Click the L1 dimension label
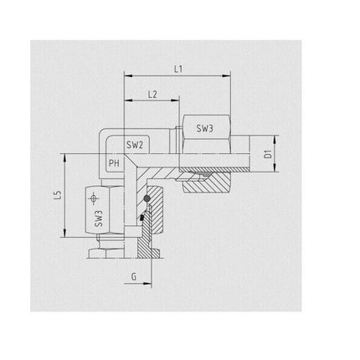coord(177,70)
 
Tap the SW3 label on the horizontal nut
coord(204,129)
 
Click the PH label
coord(115,163)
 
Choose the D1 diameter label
coord(267,154)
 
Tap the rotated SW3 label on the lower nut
coord(98,219)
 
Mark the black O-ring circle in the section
coord(147,198)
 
